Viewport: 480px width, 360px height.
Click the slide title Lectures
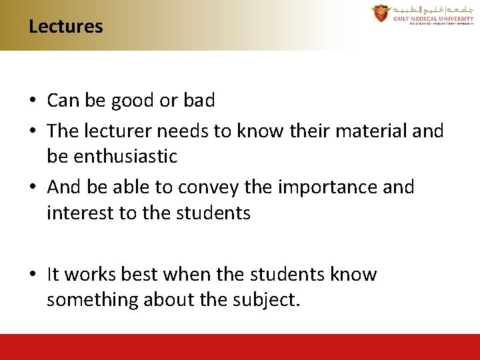66,27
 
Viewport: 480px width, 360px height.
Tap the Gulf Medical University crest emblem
381,13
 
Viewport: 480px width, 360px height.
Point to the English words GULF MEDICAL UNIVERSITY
433,19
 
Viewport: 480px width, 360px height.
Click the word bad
199,101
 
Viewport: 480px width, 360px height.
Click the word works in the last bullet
91,275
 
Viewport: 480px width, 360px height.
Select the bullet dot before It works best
32,275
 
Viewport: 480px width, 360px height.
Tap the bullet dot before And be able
32,188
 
